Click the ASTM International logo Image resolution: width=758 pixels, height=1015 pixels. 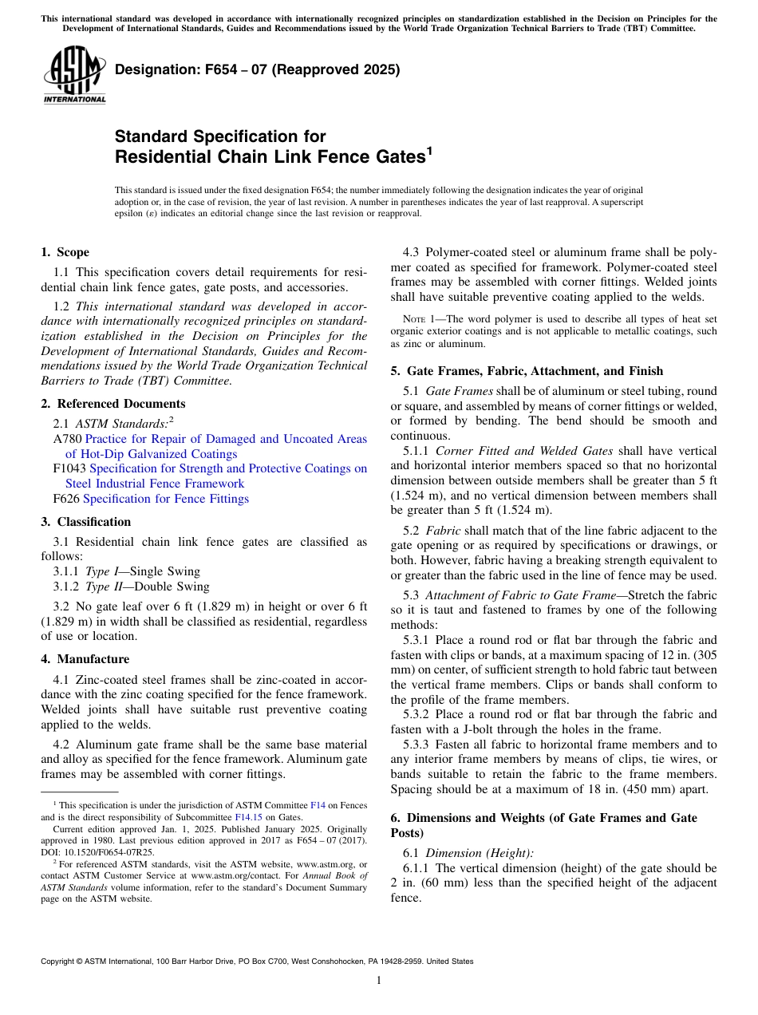tap(74, 76)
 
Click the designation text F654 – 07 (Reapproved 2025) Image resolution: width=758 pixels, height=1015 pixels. tap(257, 70)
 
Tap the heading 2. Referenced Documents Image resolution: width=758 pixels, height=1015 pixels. tap(113, 404)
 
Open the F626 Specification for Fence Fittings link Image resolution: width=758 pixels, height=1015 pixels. tap(165, 499)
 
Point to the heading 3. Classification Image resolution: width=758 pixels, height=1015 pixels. tap(85, 522)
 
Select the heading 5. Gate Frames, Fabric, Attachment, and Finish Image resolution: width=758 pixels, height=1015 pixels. tap(535, 371)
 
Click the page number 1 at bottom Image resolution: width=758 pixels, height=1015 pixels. tap(379, 981)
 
